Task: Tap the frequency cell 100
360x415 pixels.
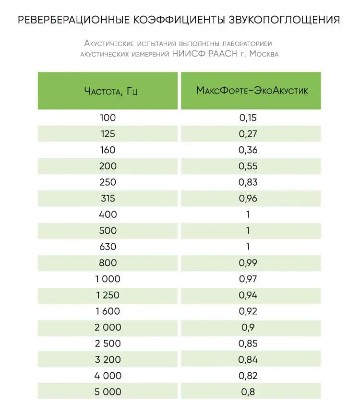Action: click(x=108, y=118)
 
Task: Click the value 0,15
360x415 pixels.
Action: click(x=248, y=118)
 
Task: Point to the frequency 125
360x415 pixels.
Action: click(x=108, y=134)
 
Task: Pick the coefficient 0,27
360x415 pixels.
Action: click(x=248, y=134)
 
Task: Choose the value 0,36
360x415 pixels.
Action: click(x=248, y=150)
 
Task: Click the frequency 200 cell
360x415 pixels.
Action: click(x=108, y=166)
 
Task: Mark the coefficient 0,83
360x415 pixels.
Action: click(x=248, y=182)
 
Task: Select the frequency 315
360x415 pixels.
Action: click(x=108, y=199)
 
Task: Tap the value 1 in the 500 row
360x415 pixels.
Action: click(x=248, y=231)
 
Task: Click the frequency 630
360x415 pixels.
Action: click(x=108, y=247)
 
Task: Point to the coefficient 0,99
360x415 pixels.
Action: click(x=248, y=263)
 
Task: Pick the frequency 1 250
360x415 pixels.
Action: click(x=108, y=295)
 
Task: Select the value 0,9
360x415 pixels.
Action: click(x=248, y=327)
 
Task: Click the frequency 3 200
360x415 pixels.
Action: click(x=108, y=359)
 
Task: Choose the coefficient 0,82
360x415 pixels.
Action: click(x=248, y=376)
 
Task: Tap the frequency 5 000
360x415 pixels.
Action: click(x=108, y=392)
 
